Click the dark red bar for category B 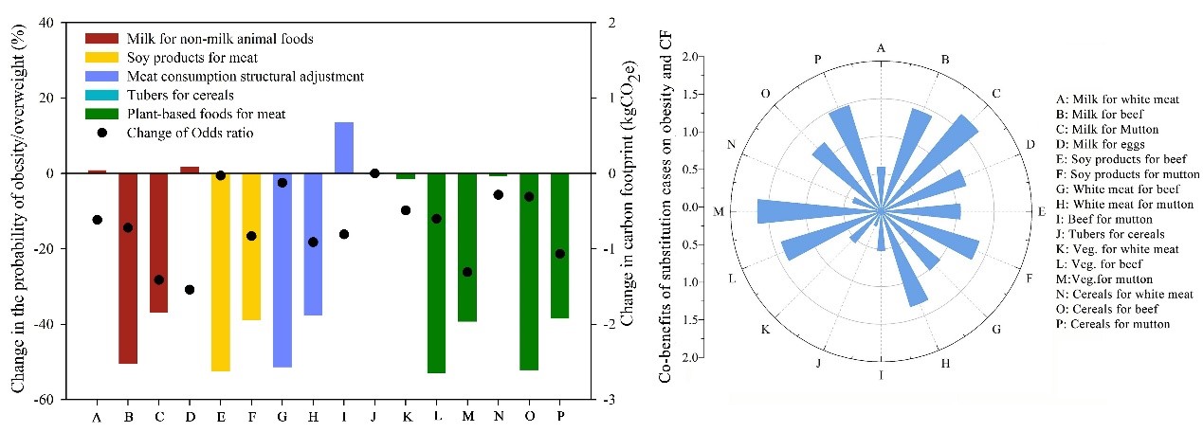[128, 268]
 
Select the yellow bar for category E [221, 272]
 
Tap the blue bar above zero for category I [344, 148]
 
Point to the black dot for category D [190, 290]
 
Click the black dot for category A [97, 220]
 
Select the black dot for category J [374, 173]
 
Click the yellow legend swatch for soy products [101, 58]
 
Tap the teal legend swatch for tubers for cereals [101, 95]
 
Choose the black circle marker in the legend [101, 132]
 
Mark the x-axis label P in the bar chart [560, 416]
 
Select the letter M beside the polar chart [719, 211]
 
